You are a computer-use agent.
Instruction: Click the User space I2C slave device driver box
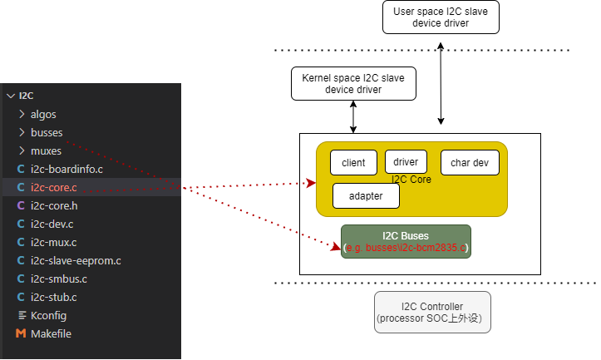[x=441, y=17]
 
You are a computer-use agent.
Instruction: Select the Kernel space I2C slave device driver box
[x=353, y=83]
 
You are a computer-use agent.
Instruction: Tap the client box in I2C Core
[x=353, y=163]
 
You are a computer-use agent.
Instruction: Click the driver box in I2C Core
[x=406, y=161]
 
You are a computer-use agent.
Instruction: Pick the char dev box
[x=470, y=163]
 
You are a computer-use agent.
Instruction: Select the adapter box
[x=366, y=195]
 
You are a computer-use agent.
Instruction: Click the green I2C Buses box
[x=406, y=241]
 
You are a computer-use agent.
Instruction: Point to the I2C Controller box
[x=432, y=312]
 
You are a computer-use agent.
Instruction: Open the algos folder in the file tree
[x=43, y=114]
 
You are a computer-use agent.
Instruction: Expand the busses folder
[x=46, y=132]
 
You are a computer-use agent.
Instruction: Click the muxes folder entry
[x=46, y=150]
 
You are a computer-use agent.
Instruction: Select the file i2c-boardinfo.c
[x=66, y=169]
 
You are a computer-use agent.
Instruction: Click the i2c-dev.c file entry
[x=53, y=224]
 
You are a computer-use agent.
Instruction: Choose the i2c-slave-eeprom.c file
[x=75, y=260]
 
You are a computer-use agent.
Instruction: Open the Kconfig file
[x=48, y=315]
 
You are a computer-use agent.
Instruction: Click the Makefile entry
[x=50, y=333]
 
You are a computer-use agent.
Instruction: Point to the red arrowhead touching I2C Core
[x=311, y=183]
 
